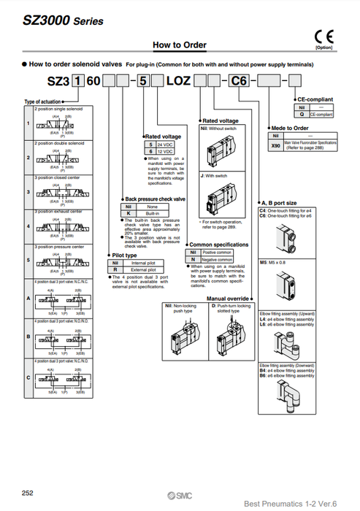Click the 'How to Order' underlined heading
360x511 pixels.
[x=180, y=45]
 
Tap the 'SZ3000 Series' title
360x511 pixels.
[x=53, y=21]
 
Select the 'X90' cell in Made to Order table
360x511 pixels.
[x=275, y=146]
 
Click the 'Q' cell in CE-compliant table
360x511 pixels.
[x=302, y=115]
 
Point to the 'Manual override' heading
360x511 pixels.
[x=227, y=299]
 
